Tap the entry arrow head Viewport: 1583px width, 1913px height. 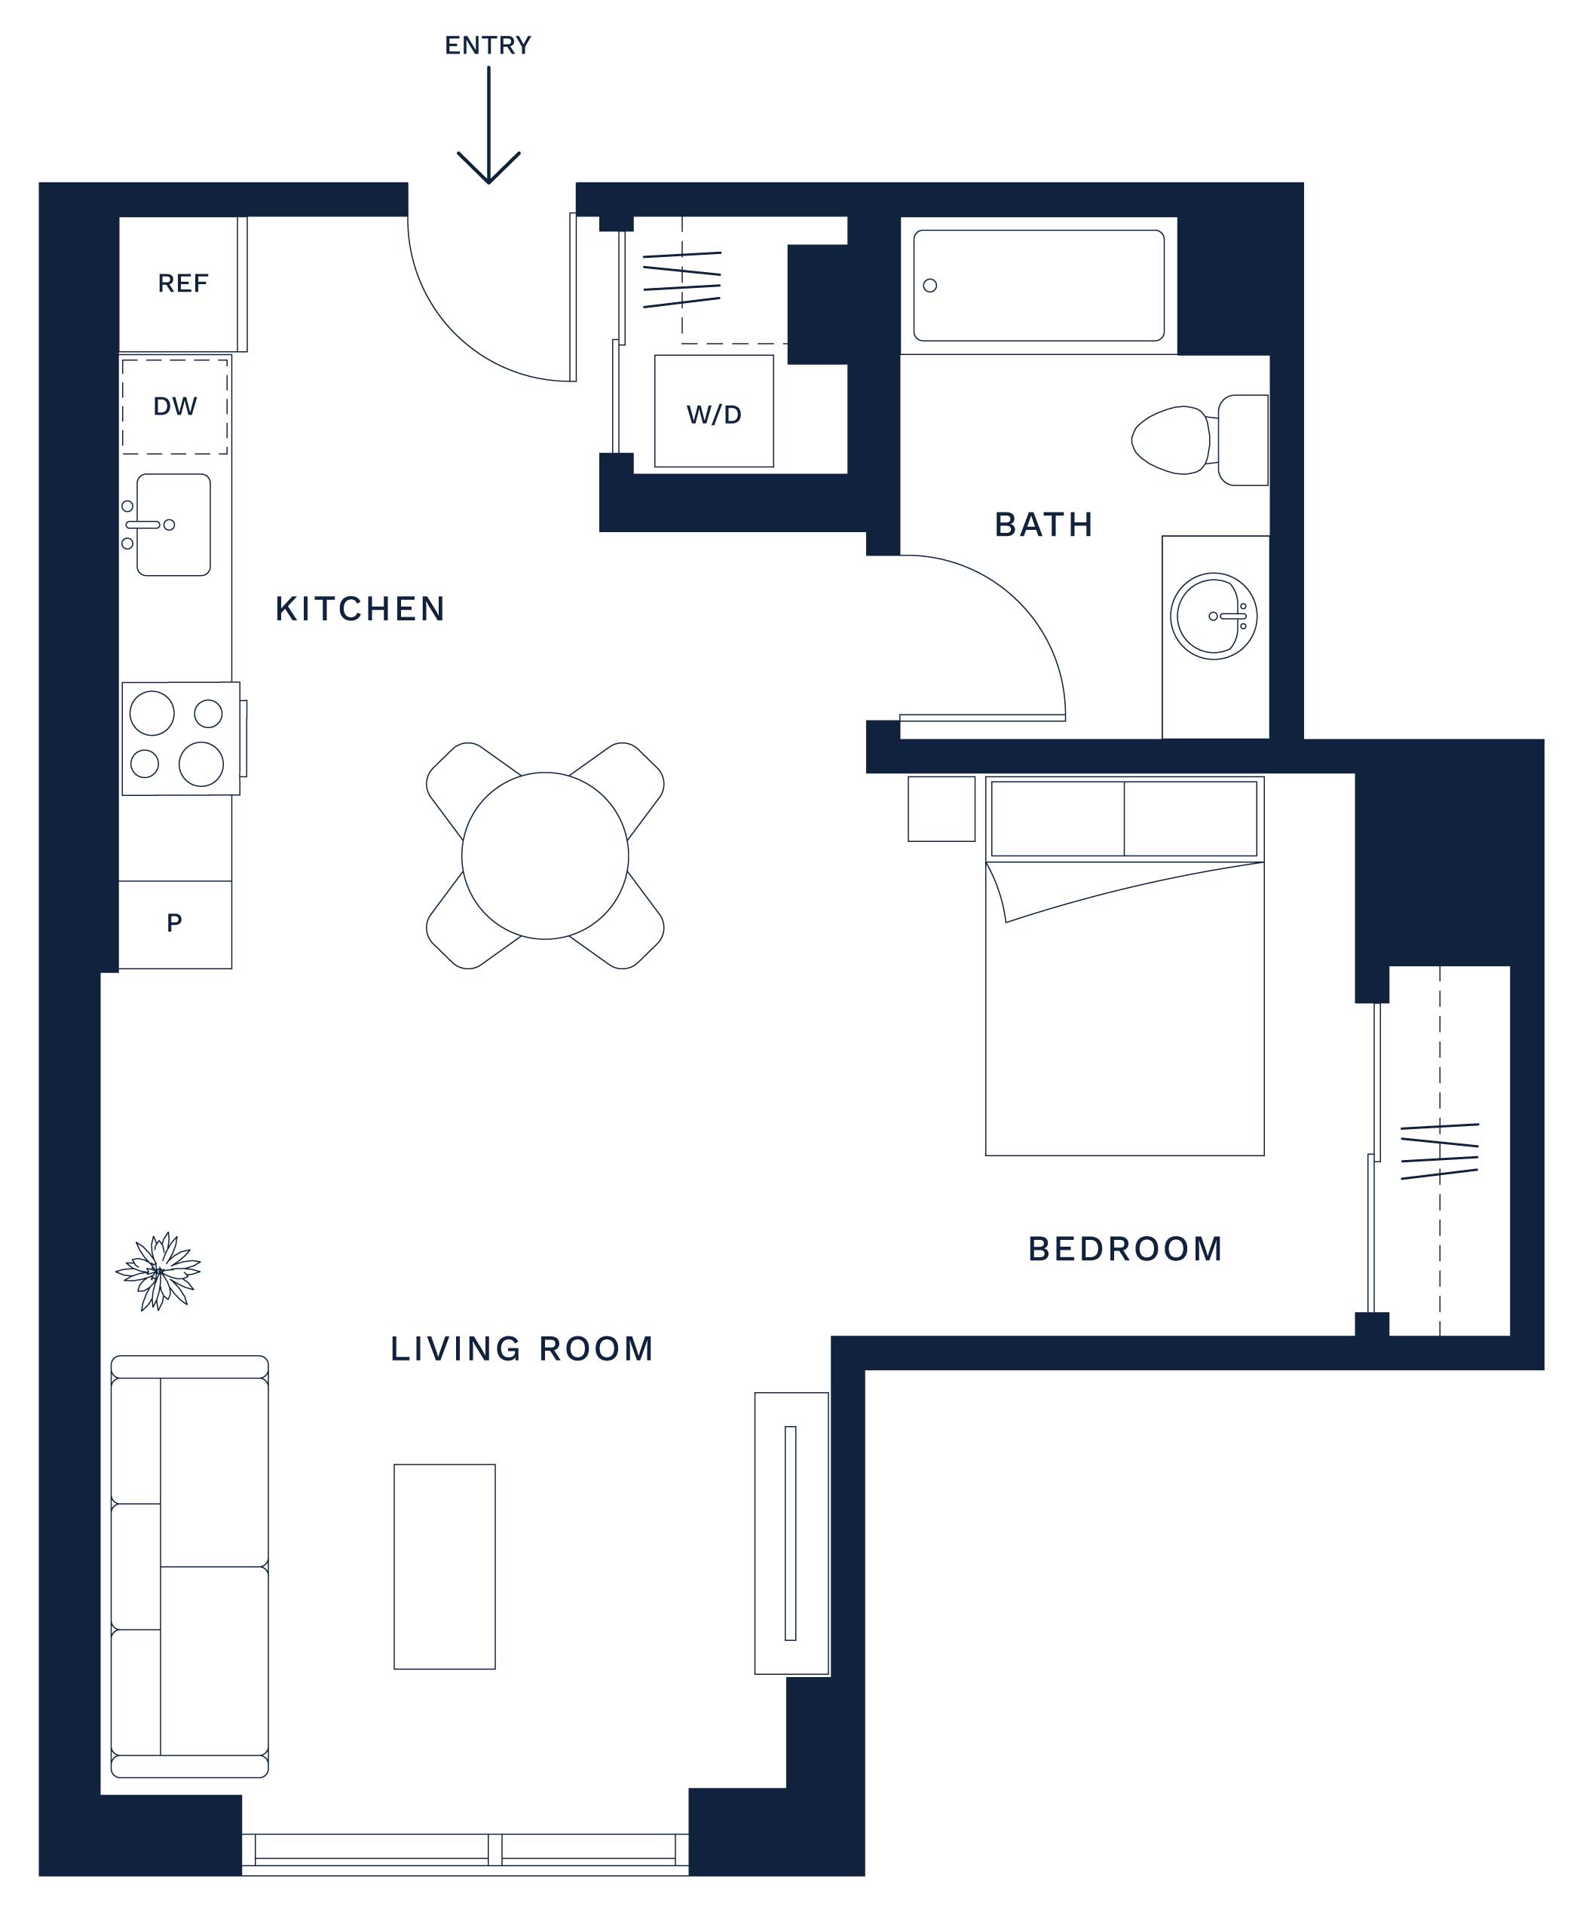[488, 169]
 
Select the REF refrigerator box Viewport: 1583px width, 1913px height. [183, 284]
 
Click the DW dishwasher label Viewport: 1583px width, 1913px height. [175, 406]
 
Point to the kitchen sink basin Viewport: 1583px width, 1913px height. [174, 525]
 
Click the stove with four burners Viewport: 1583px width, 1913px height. [181, 739]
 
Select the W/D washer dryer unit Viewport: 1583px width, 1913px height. [714, 411]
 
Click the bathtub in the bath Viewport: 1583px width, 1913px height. [1038, 285]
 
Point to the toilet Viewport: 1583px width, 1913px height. [1199, 440]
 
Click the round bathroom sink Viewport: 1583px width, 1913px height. [1213, 617]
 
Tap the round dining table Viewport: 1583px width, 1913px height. [545, 855]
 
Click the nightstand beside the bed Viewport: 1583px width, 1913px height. [942, 809]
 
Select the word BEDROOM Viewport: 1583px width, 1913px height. [1125, 1249]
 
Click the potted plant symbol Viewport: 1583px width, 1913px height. [158, 1271]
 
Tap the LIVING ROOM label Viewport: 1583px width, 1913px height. [522, 1349]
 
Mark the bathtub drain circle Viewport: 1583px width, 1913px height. [930, 285]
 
